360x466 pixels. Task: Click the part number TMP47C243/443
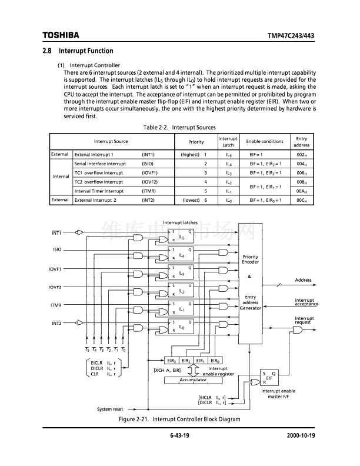(x=292, y=36)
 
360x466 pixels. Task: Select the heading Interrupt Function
(x=86, y=51)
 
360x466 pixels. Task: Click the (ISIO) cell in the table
(x=148, y=164)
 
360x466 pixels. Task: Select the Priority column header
(x=196, y=142)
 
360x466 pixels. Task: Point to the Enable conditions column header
(x=264, y=142)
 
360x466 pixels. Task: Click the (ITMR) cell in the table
(x=148, y=191)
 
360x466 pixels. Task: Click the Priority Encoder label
(x=250, y=259)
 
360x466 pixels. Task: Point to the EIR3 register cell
(x=171, y=361)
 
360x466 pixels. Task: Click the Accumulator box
(x=193, y=380)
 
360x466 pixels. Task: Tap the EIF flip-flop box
(x=269, y=378)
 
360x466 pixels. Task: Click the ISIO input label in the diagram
(x=56, y=250)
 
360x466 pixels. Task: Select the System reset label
(x=110, y=409)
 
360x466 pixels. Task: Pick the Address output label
(x=303, y=280)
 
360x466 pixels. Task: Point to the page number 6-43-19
(x=179, y=435)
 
